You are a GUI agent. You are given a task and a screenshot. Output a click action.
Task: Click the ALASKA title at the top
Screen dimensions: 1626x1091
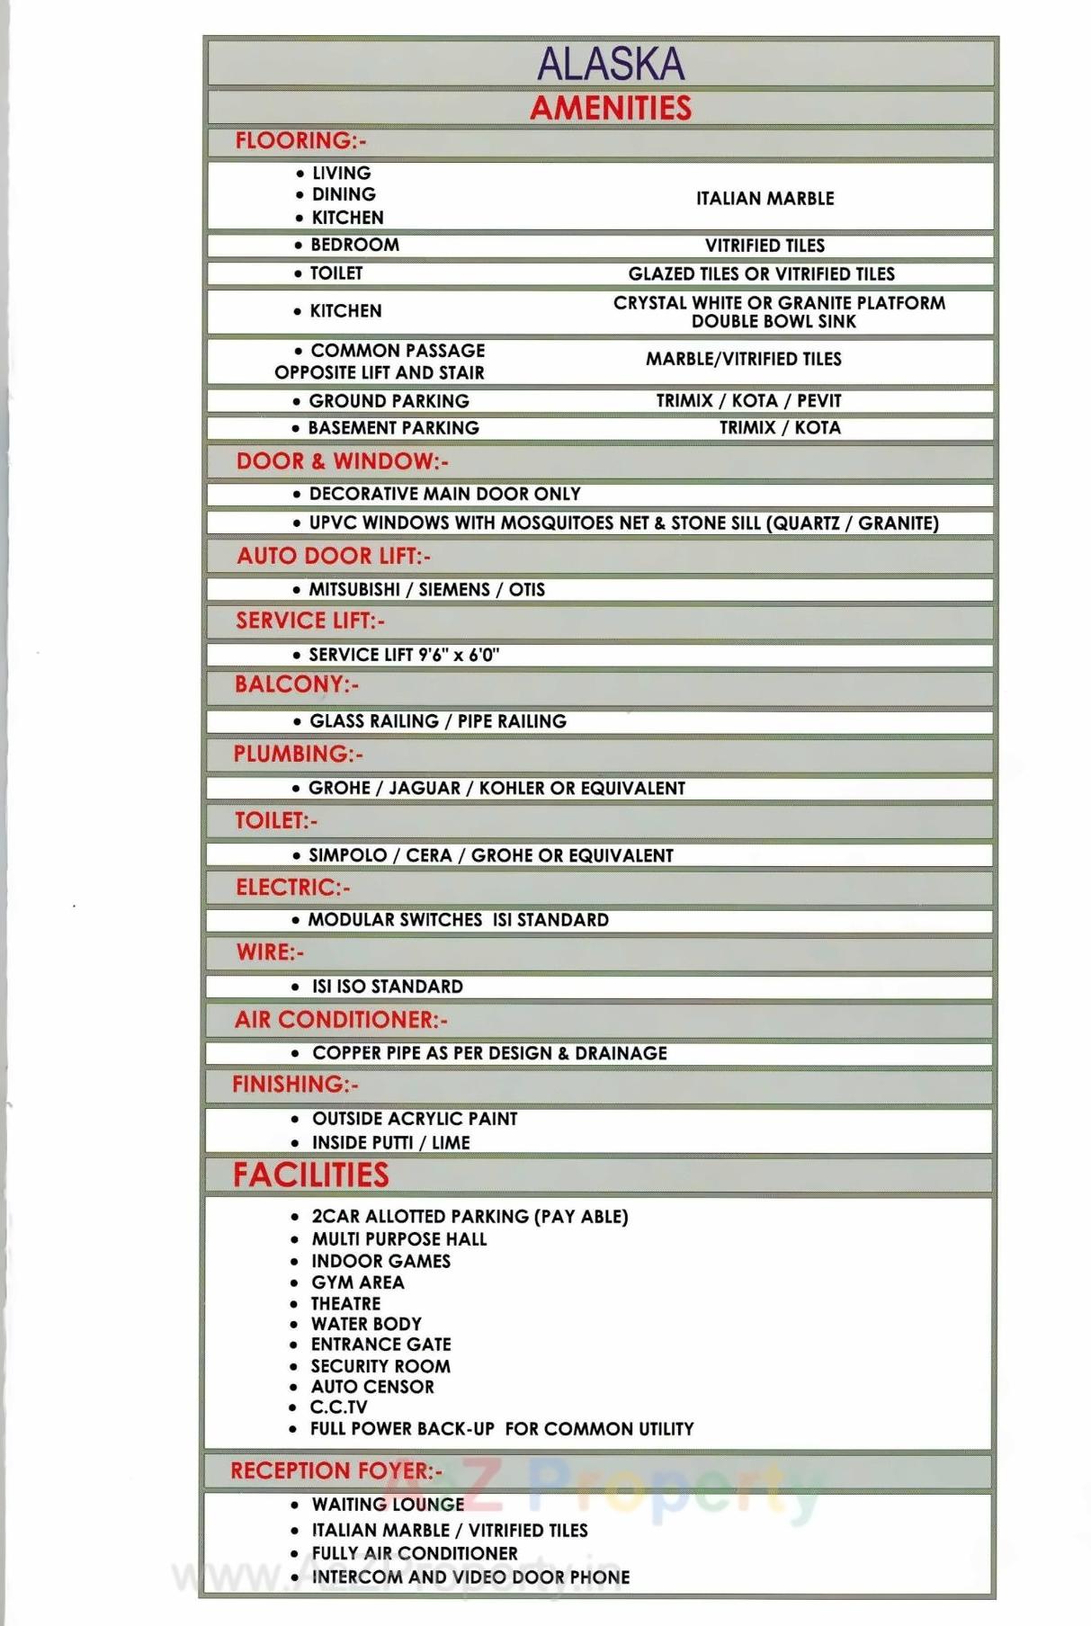611,64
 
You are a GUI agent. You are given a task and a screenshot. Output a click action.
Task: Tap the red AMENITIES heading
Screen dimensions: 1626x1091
611,108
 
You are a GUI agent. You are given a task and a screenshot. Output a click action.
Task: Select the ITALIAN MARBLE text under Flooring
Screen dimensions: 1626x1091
765,198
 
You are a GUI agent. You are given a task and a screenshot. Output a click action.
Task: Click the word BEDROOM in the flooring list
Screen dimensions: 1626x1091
354,245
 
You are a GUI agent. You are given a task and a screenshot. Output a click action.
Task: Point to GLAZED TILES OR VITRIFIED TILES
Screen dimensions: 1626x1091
761,273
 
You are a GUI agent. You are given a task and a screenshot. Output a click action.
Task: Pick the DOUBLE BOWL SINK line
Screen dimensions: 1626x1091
774,321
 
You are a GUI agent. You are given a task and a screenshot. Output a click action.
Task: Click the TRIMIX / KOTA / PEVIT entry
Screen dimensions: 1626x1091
748,400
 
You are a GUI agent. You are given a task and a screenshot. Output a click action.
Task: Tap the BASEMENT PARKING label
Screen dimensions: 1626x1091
393,428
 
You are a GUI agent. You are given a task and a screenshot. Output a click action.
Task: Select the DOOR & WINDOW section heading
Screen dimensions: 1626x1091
342,461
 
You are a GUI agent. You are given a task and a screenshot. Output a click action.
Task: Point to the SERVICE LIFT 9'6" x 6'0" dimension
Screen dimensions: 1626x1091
404,655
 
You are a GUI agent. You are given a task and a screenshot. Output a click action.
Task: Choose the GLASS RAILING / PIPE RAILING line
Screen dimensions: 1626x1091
438,721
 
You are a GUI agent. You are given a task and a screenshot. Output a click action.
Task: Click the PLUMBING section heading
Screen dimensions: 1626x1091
298,754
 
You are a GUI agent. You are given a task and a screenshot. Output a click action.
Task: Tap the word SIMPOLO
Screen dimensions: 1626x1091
348,855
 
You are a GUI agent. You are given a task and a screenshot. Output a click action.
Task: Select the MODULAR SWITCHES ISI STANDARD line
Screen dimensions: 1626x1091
458,920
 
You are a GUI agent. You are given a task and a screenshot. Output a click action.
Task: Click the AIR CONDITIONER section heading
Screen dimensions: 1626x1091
341,1020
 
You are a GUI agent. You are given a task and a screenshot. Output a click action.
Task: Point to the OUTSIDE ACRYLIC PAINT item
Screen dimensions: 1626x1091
415,1119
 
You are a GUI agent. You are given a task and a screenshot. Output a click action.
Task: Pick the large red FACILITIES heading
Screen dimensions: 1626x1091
311,1175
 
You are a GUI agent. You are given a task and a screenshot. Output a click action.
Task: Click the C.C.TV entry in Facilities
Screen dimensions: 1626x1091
338,1407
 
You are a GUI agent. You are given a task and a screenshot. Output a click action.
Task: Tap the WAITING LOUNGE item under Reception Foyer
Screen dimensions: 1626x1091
388,1505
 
